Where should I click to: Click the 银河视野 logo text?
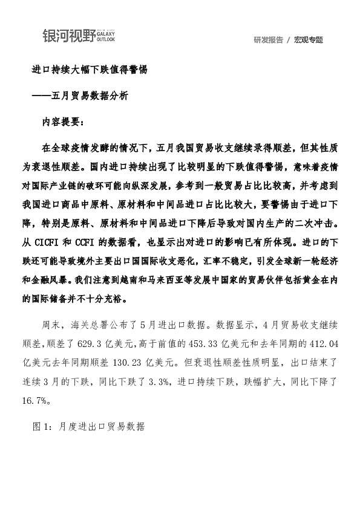tap(68, 36)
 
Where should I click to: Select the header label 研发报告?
tap(268, 40)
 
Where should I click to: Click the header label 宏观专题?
tap(309, 40)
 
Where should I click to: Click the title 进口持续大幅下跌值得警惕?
tap(89, 70)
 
